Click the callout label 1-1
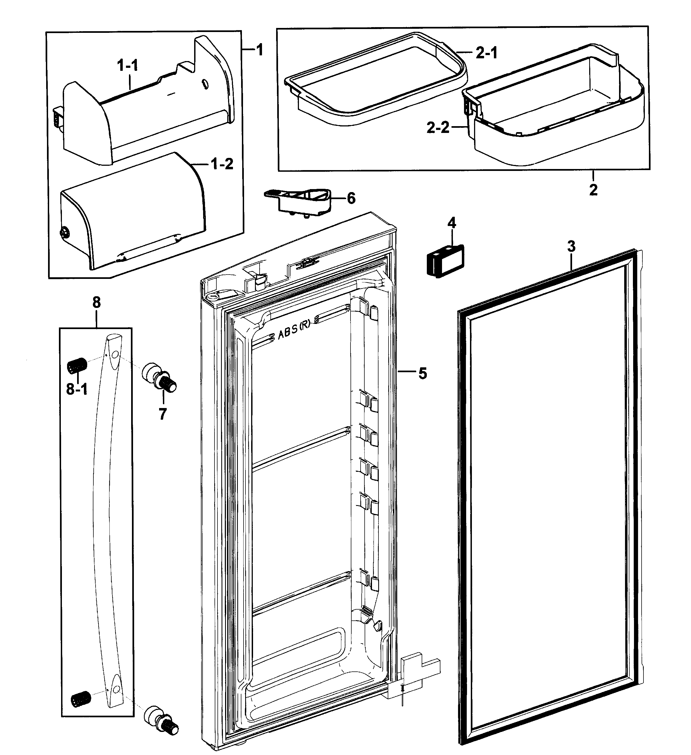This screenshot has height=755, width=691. [127, 66]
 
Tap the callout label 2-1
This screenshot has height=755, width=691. [487, 53]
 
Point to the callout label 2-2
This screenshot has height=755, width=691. [438, 128]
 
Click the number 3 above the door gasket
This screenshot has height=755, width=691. [571, 247]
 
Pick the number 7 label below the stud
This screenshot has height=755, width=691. [162, 414]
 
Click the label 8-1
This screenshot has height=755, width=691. [77, 390]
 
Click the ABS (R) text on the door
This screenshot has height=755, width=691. [294, 332]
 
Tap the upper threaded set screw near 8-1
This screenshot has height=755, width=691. [77, 365]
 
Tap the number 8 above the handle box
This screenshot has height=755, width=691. [96, 302]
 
